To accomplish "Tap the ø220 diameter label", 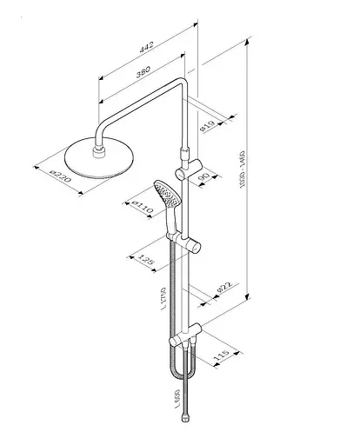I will (60, 176).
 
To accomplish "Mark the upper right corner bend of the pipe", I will (181, 85).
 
